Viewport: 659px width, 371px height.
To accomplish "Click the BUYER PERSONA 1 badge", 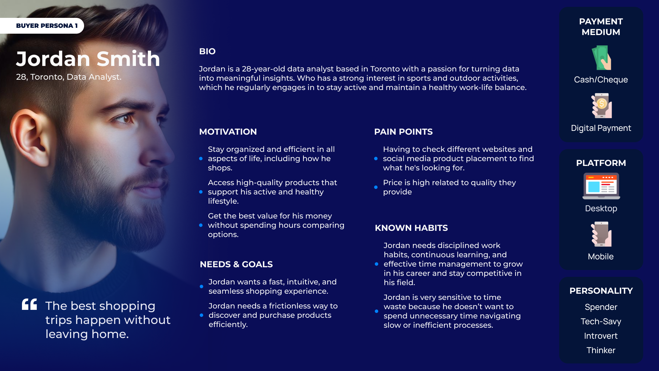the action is click(x=42, y=26).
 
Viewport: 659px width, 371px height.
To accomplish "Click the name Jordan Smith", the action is click(x=88, y=59).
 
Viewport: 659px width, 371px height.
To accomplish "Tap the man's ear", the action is click(x=26, y=137).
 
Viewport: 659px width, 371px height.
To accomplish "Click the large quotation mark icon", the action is click(x=29, y=304).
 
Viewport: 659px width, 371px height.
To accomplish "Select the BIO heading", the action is click(x=207, y=52).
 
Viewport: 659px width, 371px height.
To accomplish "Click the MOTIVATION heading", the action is click(x=228, y=132).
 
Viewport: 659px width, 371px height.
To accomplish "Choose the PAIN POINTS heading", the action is click(x=403, y=132).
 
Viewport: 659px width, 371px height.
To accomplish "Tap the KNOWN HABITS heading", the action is click(x=411, y=228).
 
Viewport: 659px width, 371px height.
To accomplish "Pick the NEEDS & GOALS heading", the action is click(x=236, y=265).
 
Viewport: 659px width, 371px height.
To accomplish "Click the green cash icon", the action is click(x=601, y=58).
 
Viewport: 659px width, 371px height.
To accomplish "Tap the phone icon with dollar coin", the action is click(x=601, y=105).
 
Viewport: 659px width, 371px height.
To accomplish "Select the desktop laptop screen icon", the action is click(x=601, y=186).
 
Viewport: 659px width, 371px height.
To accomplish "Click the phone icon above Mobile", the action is click(x=601, y=234).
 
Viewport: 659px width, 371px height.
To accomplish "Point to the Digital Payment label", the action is click(x=601, y=128).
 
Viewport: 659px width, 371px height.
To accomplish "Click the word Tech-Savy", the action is click(x=601, y=322).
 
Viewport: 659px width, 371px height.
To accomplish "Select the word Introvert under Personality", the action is click(x=601, y=336).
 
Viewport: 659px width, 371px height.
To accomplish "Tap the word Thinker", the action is click(x=601, y=350).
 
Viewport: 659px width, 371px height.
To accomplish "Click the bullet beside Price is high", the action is click(x=376, y=187).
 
